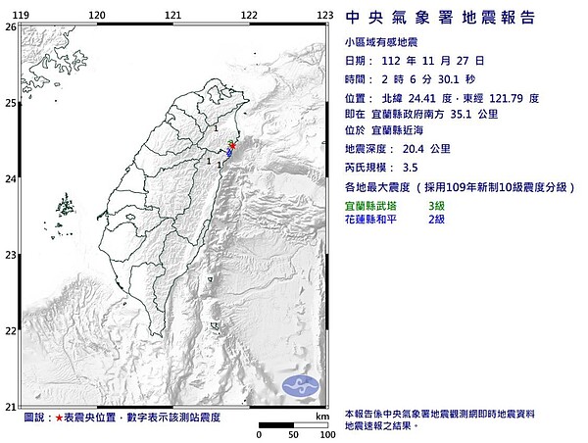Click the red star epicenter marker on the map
click(x=233, y=147)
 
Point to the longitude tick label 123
click(x=323, y=15)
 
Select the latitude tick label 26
click(x=11, y=27)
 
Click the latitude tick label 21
click(x=11, y=407)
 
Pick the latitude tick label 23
click(x=11, y=255)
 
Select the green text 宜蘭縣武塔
click(x=373, y=206)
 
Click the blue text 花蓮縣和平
click(x=373, y=219)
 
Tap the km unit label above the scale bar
click(x=319, y=417)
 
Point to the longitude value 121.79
click(x=518, y=98)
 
